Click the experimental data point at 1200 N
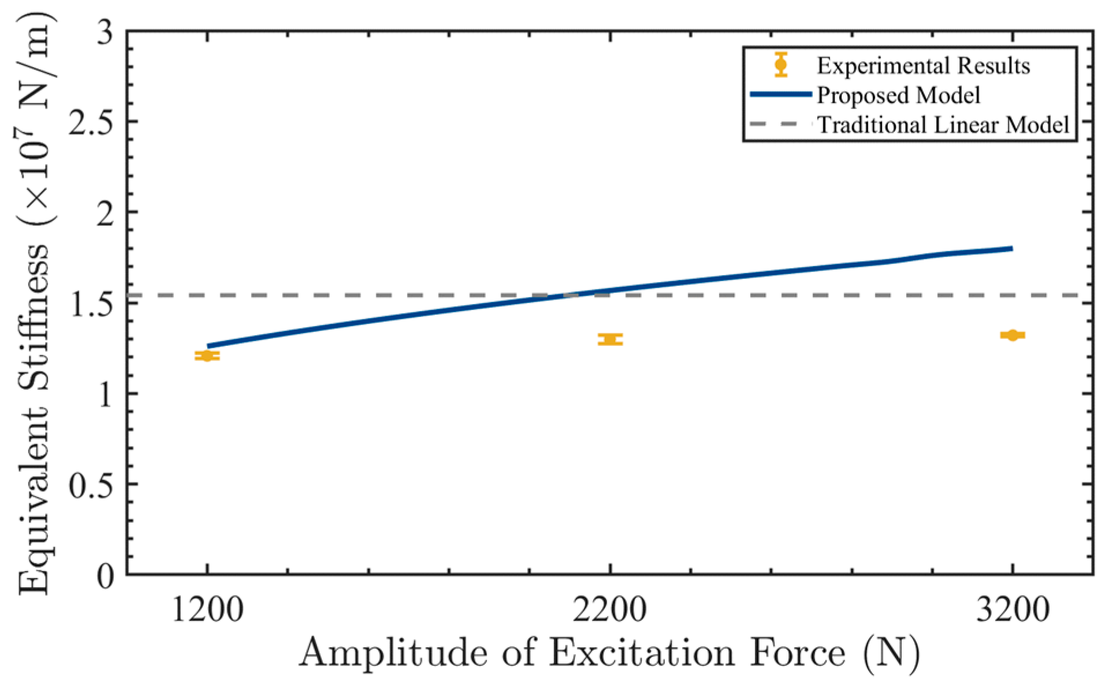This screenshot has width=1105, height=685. click(207, 356)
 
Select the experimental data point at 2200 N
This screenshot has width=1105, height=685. click(610, 339)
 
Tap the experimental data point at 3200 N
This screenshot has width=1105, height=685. click(1012, 335)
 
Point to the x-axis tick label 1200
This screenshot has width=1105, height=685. click(207, 610)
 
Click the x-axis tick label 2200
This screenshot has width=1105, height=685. click(610, 610)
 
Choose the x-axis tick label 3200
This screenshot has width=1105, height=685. click(1013, 610)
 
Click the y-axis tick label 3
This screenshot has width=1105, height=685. click(105, 33)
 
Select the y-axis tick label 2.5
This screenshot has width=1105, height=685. click(91, 122)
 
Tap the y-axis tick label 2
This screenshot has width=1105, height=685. click(105, 213)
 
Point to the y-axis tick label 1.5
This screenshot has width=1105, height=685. click(91, 303)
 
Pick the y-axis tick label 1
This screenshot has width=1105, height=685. click(106, 394)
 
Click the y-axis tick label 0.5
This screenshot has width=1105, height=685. click(91, 485)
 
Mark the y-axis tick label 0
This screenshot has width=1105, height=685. click(105, 575)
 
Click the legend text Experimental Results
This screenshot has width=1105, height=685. click(923, 66)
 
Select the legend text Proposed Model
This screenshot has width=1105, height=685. click(898, 95)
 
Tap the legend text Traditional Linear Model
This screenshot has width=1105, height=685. click(943, 125)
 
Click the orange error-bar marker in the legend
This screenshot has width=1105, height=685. click(781, 64)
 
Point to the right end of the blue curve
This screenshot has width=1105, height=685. click(1012, 248)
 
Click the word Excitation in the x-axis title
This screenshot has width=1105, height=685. click(641, 653)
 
